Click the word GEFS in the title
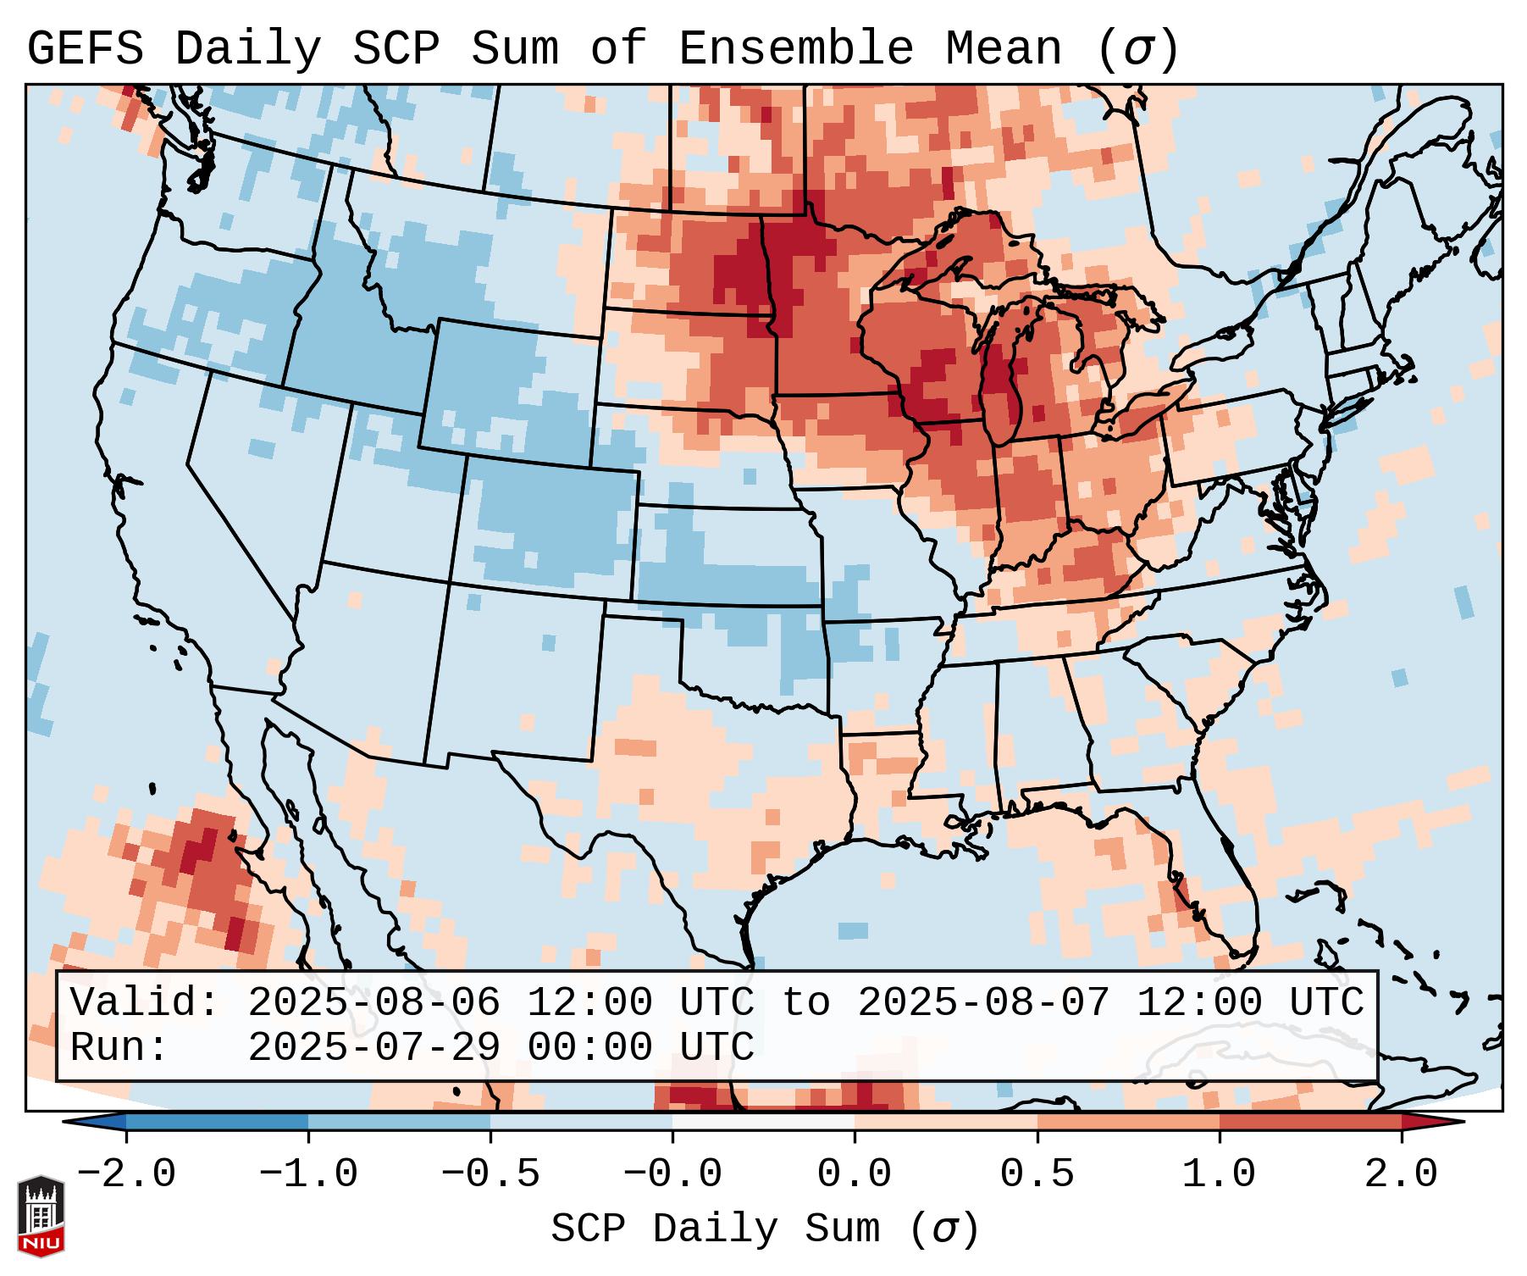(x=85, y=48)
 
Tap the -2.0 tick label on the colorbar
(x=125, y=1174)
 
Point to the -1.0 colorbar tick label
(x=307, y=1174)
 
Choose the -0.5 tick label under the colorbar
(x=490, y=1174)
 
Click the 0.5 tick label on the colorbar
(x=1037, y=1174)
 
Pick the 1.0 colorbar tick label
(x=1219, y=1174)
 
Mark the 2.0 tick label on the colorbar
(x=1401, y=1174)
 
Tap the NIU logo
(x=41, y=1216)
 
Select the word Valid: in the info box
(x=144, y=1003)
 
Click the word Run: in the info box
(x=119, y=1047)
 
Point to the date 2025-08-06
(x=373, y=1003)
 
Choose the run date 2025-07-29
(x=373, y=1047)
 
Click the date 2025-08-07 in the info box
(x=983, y=1003)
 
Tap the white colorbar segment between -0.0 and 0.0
(x=763, y=1122)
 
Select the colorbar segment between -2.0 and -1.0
(x=217, y=1122)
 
